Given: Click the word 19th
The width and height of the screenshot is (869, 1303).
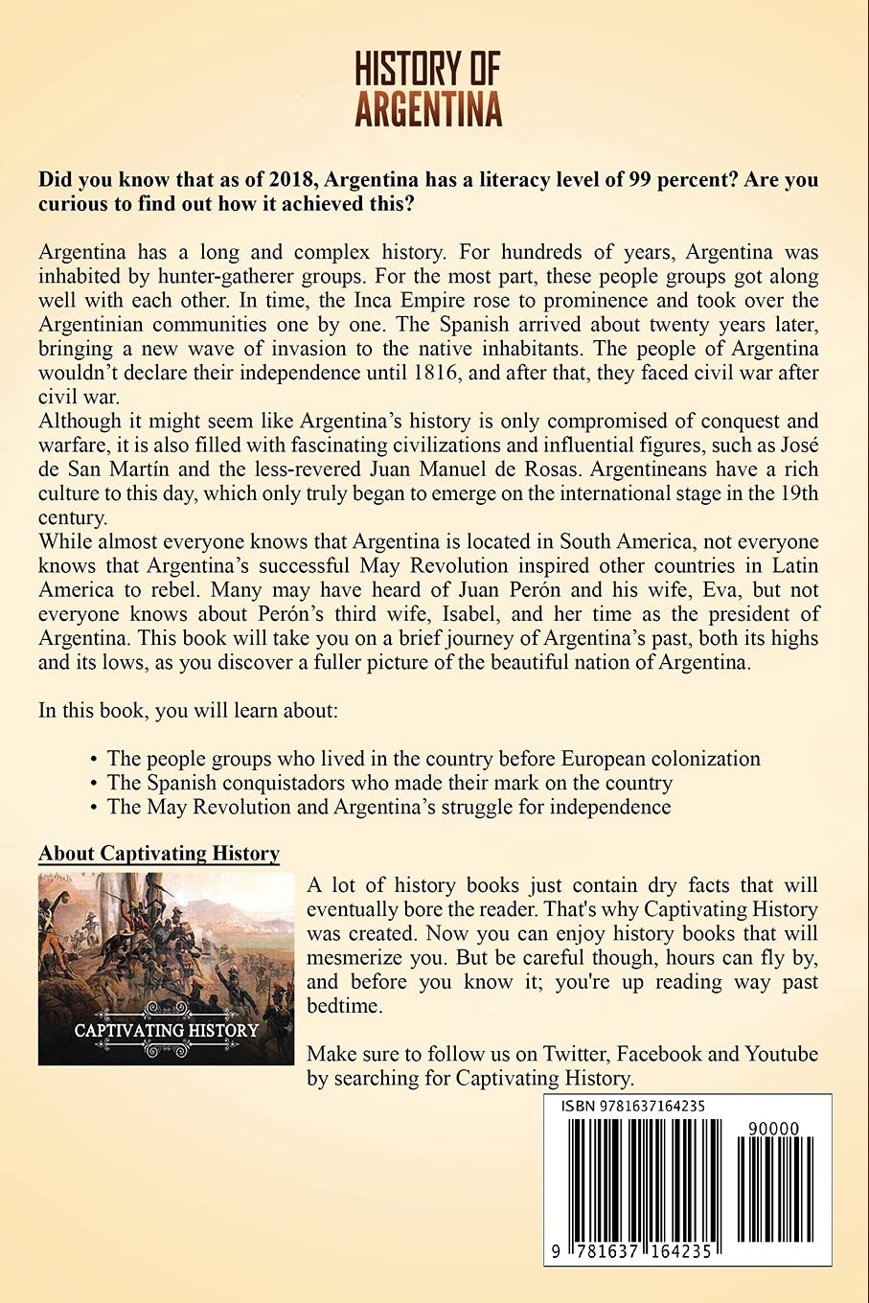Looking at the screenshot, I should click(797, 493).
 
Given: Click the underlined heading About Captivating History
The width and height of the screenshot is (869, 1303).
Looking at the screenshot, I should click(159, 854).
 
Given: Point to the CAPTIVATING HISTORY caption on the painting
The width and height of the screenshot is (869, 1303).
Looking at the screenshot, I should click(167, 1031).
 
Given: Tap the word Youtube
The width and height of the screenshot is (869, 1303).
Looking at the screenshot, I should click(782, 1054).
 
